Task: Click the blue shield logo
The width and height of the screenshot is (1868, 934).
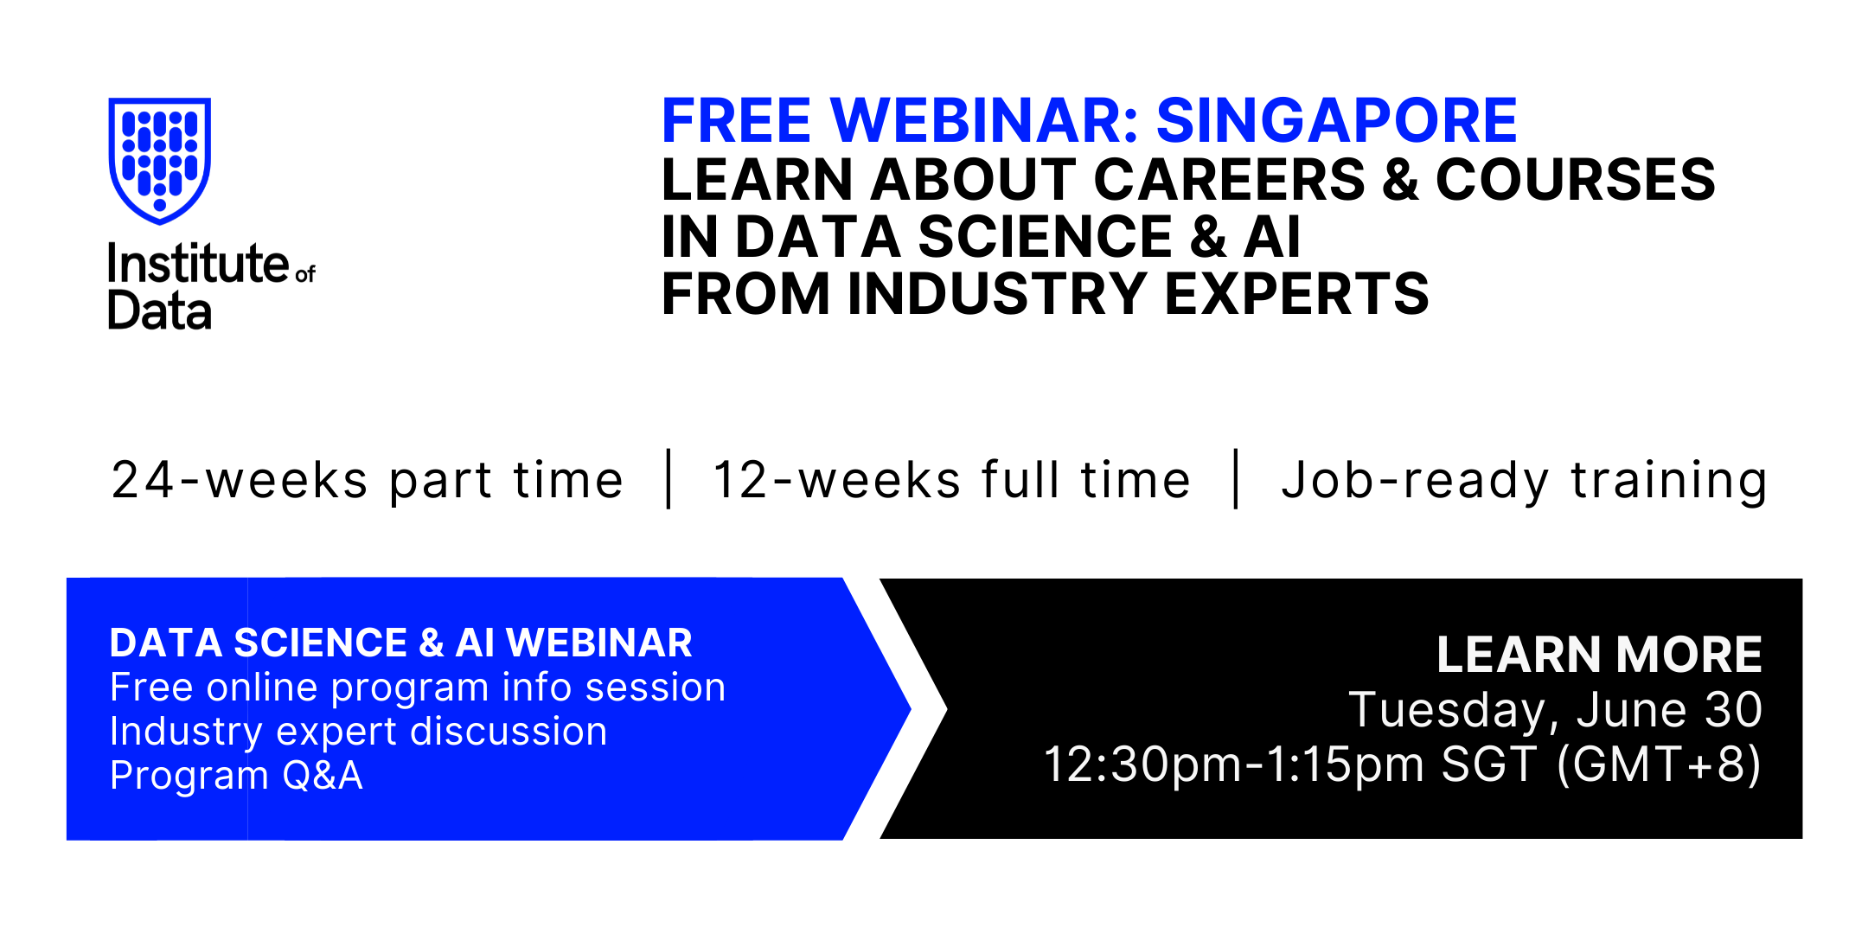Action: coord(160,161)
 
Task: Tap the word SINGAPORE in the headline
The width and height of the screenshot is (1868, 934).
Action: coord(1337,120)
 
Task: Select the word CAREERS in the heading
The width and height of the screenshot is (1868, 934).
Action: coord(1229,180)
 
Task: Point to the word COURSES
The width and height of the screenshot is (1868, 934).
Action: coord(1576,180)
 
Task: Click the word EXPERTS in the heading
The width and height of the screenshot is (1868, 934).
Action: coord(1297,294)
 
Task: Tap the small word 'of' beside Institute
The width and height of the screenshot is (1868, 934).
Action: coord(305,274)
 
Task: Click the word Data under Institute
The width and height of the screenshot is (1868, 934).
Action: coord(160,311)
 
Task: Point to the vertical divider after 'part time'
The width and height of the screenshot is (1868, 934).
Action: coord(669,478)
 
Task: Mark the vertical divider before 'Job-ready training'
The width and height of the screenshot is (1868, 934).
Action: coord(1236,478)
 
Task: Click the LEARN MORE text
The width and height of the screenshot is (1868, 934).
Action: coord(1600,654)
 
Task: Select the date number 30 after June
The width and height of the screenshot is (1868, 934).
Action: coord(1733,710)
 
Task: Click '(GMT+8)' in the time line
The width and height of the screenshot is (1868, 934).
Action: coord(1659,764)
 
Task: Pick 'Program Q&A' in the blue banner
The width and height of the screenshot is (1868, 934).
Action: coord(236,775)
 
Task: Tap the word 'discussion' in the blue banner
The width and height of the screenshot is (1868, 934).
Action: coord(509,732)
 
